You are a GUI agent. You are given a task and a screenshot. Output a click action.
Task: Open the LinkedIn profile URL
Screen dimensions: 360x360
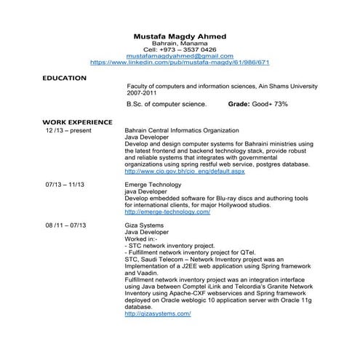click(x=180, y=63)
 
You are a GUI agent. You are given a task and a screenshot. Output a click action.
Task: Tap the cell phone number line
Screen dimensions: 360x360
click(x=180, y=49)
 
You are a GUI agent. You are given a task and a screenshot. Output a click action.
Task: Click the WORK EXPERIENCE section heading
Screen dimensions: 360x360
click(x=77, y=121)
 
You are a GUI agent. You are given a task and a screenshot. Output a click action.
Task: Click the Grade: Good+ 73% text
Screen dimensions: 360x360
click(x=258, y=105)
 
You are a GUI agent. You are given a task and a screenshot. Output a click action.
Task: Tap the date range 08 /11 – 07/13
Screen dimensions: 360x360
click(x=66, y=225)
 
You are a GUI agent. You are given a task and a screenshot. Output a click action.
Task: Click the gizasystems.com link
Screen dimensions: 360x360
click(x=158, y=313)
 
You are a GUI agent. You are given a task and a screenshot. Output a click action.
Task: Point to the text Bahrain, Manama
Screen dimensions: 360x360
click(x=180, y=43)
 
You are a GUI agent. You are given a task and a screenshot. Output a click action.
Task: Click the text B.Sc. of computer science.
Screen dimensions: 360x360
click(x=167, y=105)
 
